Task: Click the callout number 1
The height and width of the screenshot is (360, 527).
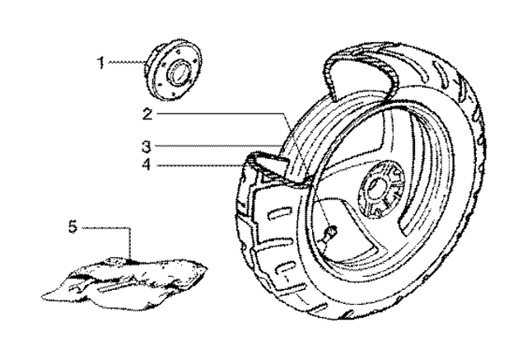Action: pos(100,63)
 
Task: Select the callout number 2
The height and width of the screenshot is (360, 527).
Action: pos(147,115)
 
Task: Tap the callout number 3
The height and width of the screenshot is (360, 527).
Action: pos(147,147)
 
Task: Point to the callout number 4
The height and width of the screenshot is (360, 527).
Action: pos(147,165)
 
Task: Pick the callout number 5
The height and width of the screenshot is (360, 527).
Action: pos(73,227)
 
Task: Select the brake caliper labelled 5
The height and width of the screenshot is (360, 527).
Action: pos(124,281)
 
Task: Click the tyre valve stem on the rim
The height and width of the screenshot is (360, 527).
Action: pos(327,234)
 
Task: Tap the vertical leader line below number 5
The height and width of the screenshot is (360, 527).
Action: pos(130,244)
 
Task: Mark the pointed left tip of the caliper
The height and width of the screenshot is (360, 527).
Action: pos(42,297)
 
